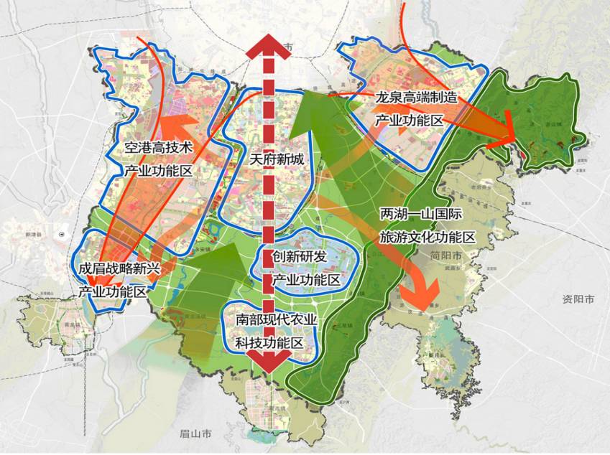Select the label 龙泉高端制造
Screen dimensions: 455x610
click(x=416, y=98)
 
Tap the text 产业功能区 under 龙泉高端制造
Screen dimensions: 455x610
click(x=408, y=120)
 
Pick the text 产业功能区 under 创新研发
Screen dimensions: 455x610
click(x=306, y=279)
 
